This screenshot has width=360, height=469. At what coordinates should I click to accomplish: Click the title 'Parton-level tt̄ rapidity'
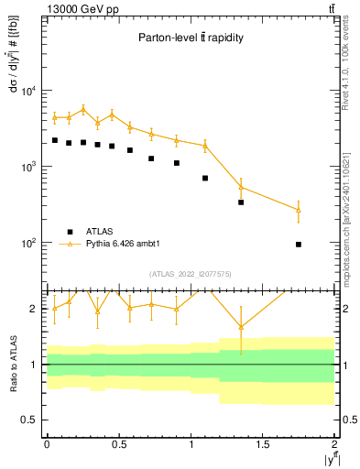click(191, 38)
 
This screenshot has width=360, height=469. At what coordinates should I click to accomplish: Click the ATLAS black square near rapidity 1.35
click(241, 202)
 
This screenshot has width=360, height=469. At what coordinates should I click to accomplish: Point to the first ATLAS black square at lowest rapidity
click(54, 140)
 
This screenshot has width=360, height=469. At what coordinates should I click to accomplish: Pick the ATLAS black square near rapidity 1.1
click(205, 178)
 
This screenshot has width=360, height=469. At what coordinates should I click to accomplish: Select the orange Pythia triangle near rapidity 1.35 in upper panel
click(241, 187)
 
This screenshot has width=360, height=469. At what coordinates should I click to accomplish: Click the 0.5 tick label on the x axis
click(118, 443)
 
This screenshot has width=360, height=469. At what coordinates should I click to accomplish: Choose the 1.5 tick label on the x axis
click(263, 443)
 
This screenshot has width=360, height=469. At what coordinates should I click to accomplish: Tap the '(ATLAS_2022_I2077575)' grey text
click(191, 274)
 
